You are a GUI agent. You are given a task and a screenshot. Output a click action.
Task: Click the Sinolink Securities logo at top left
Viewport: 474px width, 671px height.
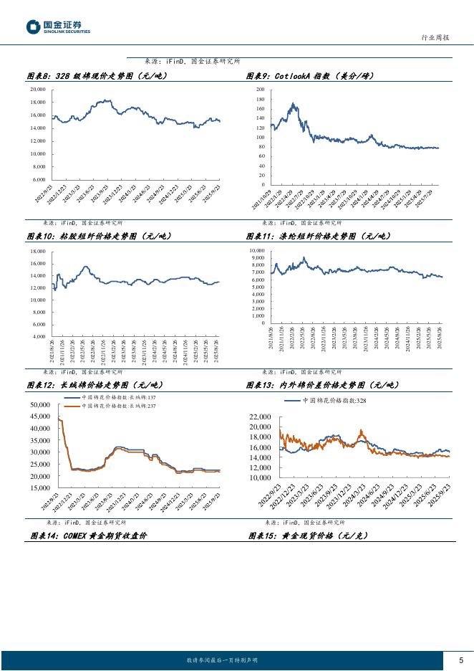58,27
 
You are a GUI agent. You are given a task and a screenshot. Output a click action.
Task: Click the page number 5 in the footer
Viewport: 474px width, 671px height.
460,660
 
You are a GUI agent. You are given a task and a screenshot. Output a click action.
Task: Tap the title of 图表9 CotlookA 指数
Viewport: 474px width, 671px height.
310,76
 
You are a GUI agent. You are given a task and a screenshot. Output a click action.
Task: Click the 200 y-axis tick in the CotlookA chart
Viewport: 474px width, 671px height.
260,90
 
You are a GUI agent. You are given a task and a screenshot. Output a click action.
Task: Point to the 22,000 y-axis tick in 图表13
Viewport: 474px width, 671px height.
260,417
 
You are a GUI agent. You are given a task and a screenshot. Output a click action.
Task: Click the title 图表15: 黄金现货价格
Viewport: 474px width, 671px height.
308,536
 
